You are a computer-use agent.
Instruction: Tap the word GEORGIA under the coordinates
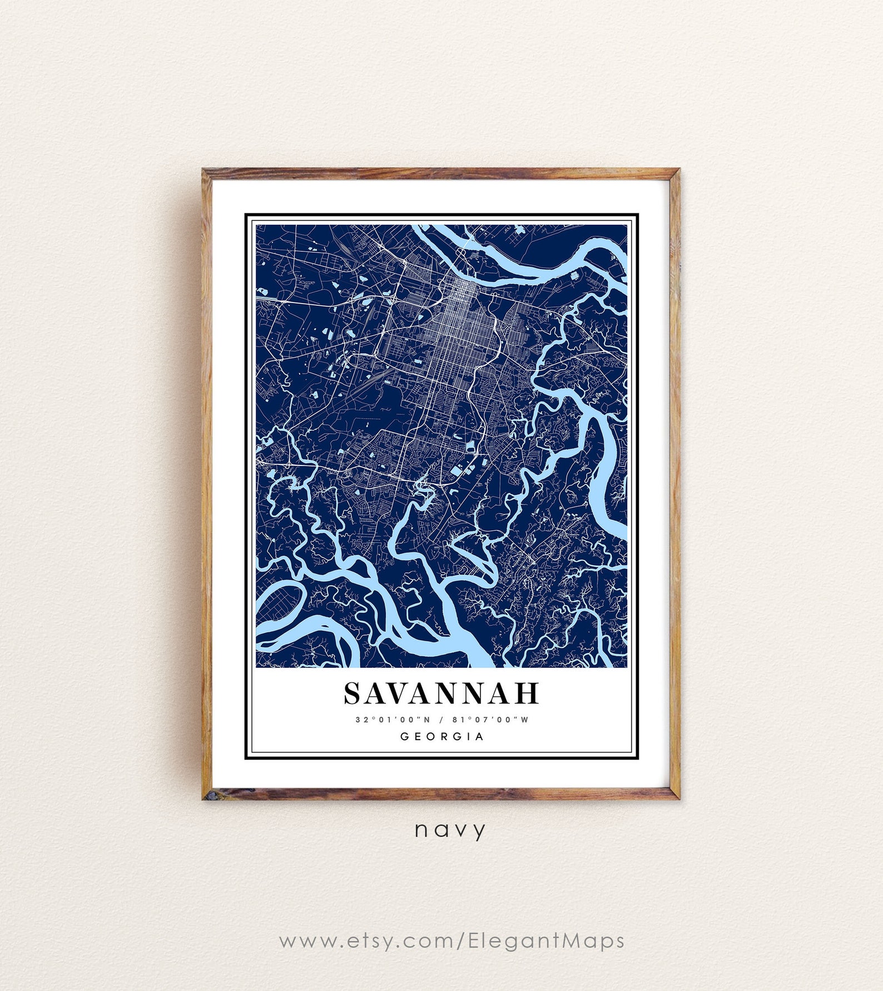click(442, 736)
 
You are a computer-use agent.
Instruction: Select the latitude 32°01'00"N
click(393, 720)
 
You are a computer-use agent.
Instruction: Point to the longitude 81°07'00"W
click(490, 720)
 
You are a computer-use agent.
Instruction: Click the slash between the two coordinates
click(441, 720)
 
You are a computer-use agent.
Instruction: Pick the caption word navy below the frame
click(450, 830)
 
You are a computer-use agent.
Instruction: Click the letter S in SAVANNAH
click(354, 693)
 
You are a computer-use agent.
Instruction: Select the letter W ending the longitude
click(525, 720)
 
